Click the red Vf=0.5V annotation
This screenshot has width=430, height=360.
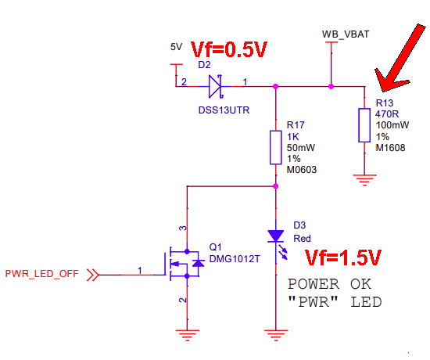(229, 50)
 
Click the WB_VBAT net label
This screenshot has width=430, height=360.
(346, 34)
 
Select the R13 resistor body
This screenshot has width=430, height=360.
(364, 125)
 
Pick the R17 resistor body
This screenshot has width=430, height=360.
(275, 147)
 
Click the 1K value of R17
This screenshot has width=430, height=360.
(294, 136)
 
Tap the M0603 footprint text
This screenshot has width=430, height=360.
(302, 169)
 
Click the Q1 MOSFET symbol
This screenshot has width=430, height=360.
(184, 266)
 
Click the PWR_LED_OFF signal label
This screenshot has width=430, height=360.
(43, 274)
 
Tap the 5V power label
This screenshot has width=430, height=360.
(176, 47)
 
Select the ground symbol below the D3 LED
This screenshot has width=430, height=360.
(275, 335)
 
